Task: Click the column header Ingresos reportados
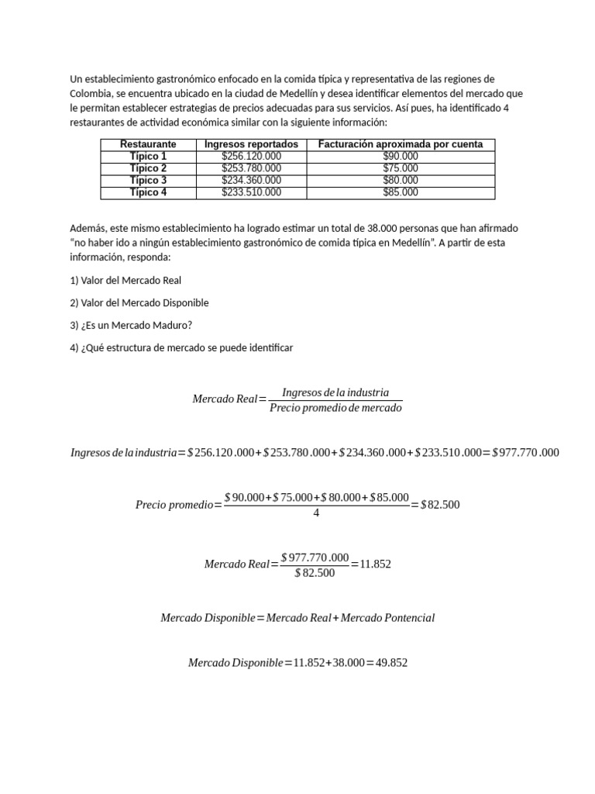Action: pos(251,144)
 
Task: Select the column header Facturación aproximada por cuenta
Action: pos(400,144)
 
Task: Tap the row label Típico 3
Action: pos(148,181)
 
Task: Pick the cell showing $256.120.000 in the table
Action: pos(251,157)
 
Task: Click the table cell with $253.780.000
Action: pos(251,168)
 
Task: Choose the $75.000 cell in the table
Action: pos(400,168)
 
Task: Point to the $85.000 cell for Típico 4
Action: pos(400,192)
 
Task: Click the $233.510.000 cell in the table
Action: pos(251,192)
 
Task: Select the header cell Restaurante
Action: pos(148,144)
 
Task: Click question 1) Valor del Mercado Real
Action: pos(126,280)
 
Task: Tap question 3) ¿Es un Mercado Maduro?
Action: pos(130,325)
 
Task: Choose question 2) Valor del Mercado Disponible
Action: pos(139,302)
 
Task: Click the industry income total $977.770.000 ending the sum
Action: pos(525,453)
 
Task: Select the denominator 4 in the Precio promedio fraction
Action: pos(316,513)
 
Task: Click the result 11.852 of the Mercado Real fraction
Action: pos(376,564)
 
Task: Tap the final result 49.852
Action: pos(392,663)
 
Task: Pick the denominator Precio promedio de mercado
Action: pos(335,408)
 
